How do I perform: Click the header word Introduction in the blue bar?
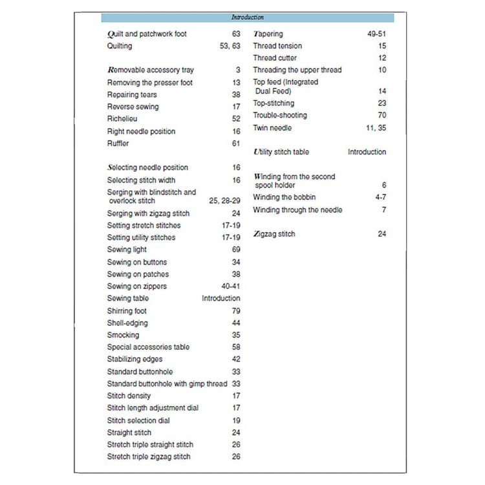point(248,17)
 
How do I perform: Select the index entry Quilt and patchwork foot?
point(147,34)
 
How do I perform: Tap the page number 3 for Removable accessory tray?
point(238,70)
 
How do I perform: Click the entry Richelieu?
point(122,119)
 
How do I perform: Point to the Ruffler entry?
point(118,144)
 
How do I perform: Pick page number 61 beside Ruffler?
point(236,144)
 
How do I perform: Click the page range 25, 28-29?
point(224,201)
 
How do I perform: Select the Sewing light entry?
point(127,250)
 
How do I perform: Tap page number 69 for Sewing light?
point(236,250)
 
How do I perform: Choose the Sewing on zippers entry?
point(136,286)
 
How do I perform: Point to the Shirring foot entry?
point(127,311)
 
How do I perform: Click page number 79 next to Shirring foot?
point(236,311)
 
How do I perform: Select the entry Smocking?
point(123,335)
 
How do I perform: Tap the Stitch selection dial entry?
point(138,420)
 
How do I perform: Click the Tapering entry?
point(268,34)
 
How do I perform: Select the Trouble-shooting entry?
point(280,115)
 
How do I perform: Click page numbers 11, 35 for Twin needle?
point(376,128)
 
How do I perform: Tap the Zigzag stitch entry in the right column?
point(274,234)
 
